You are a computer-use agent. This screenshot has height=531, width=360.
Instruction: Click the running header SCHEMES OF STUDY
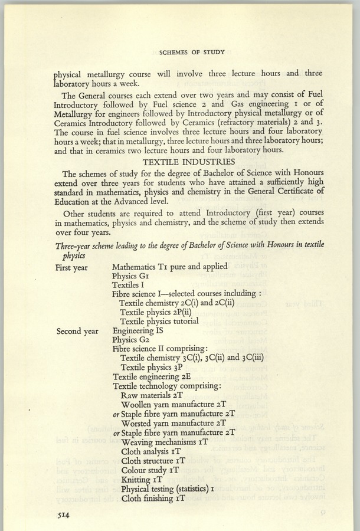pos(195,53)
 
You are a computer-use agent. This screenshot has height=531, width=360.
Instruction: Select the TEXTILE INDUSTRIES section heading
pos(195,161)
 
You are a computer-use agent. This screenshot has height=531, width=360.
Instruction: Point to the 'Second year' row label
pos(77,331)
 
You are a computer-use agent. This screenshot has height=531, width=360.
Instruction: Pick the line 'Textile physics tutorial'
pos(159,321)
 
